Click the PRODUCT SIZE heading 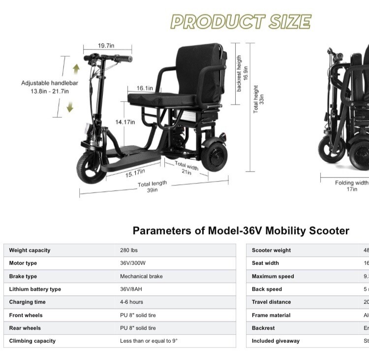click(x=241, y=22)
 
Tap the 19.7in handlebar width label click(x=106, y=46)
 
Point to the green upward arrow click(x=76, y=68)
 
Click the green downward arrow click(x=70, y=106)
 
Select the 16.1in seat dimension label click(x=145, y=89)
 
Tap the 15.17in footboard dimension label click(x=134, y=173)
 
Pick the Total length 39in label click(x=153, y=187)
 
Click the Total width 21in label click(x=186, y=168)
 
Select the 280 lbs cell click(x=128, y=250)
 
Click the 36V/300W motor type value click(x=132, y=263)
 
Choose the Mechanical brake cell click(x=141, y=276)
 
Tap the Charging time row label click(x=27, y=302)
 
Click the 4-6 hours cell click(x=131, y=302)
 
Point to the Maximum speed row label click(x=273, y=276)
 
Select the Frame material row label click(x=271, y=315)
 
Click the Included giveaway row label click(x=276, y=341)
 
